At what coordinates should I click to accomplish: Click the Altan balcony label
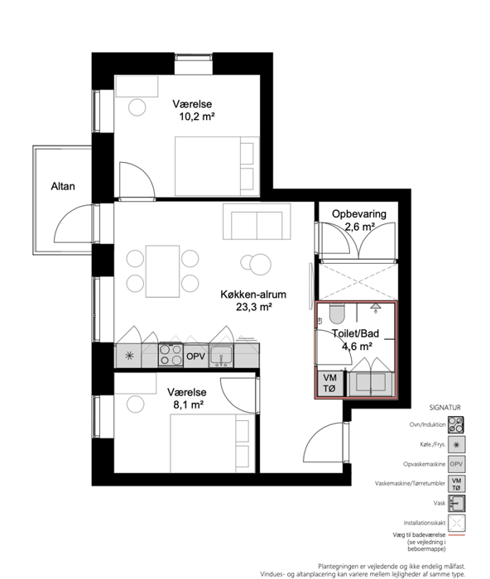[63, 186]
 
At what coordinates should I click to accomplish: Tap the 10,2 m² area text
[197, 117]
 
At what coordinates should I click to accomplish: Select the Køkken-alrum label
[253, 294]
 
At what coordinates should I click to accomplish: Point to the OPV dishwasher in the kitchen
[196, 356]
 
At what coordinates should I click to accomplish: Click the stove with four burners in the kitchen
[171, 355]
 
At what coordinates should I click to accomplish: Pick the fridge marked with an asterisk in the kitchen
[129, 356]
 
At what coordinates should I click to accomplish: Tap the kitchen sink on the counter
[221, 356]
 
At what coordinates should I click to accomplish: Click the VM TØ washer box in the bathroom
[329, 383]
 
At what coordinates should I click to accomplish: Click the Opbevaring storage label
[359, 213]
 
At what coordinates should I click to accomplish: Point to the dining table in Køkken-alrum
[162, 271]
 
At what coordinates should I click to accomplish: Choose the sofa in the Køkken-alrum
[257, 221]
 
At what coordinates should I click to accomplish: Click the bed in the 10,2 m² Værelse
[217, 166]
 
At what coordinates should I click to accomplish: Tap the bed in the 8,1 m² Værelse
[213, 443]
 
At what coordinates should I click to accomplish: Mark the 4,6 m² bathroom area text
[357, 347]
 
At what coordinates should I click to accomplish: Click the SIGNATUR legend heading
[445, 408]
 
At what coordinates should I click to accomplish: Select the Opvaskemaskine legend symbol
[456, 464]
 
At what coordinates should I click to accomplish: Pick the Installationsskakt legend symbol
[456, 523]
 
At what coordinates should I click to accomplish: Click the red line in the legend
[456, 534]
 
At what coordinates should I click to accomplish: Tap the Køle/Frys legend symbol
[456, 445]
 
